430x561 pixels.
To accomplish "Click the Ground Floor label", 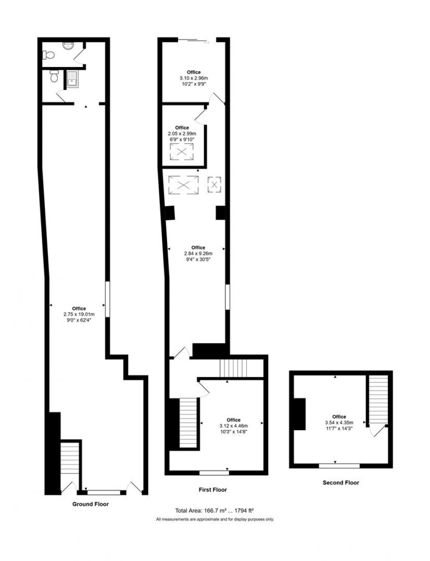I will coord(90,504).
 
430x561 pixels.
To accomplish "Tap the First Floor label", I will coord(213,490).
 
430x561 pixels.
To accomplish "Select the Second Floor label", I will coord(340,483).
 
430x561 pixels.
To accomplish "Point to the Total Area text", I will coord(215,510).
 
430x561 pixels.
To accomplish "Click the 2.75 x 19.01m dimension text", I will coord(79,314).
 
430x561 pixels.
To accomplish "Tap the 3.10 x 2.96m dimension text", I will coord(193,78).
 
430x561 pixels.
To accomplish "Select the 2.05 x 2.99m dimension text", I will coord(182,134).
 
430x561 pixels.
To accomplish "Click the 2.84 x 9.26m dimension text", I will coord(198,254).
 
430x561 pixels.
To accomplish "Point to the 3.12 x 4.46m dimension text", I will coord(233,426).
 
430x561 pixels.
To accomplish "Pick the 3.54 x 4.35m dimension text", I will coord(339,423).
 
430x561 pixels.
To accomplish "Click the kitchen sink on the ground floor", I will coord(71,79).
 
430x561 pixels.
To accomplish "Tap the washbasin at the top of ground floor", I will coord(69,46).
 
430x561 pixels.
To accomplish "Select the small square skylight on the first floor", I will coord(214,184).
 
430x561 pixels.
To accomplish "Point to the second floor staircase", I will coord(378,399).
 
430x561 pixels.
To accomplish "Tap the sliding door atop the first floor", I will coord(194,41).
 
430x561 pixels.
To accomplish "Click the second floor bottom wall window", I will coord(339,466).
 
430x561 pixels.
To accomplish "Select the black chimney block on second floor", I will coord(300,414).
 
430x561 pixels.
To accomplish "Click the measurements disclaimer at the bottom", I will coord(215,519).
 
